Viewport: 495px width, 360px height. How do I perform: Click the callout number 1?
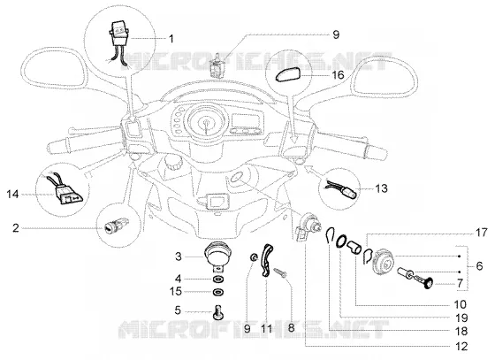pos(171,39)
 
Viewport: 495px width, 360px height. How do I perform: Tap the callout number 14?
pos(13,194)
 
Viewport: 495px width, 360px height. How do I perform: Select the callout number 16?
pos(338,75)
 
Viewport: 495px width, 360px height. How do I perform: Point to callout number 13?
pos(381,188)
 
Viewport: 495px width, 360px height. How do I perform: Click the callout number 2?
pos(16,227)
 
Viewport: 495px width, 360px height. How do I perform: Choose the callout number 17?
pos(482,233)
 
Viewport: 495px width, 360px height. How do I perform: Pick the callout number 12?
pos(461,346)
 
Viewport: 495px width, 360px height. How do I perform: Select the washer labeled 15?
pos(217,292)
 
